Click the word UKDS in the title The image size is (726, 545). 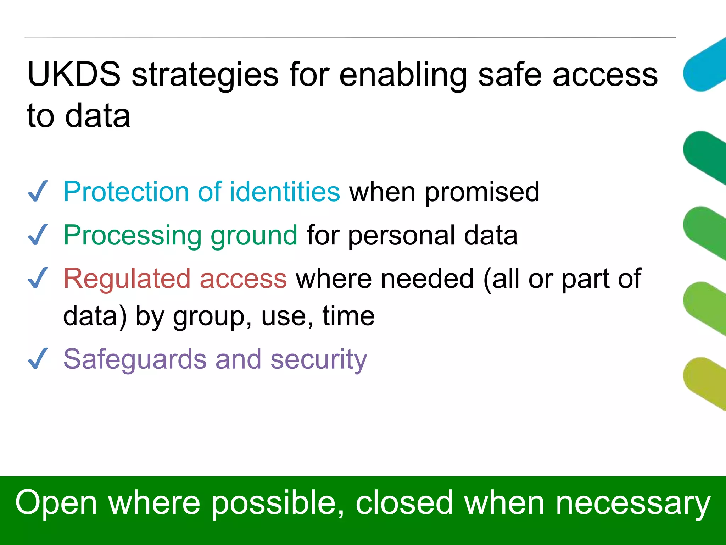[74, 75]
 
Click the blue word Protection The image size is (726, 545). [126, 192]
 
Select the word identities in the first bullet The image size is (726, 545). [285, 192]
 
